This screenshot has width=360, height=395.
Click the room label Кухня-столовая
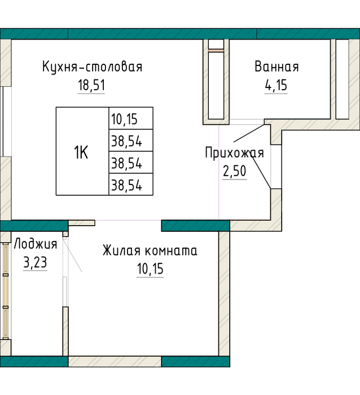pos(92,67)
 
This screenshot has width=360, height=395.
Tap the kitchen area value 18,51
pos(91,85)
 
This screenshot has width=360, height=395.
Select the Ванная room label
pos(276,67)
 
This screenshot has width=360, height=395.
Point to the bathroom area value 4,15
pos(276,85)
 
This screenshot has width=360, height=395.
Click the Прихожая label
pos(235,153)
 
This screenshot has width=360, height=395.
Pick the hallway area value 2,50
pos(234,171)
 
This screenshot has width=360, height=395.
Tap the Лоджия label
pos(36,244)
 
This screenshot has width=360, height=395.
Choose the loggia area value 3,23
pos(36,262)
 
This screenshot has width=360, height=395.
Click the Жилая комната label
pos(150,251)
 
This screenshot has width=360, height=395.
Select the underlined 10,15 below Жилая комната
pos(150,269)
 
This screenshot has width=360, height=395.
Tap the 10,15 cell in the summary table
pos(131,118)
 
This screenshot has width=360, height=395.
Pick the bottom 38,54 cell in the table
pos(131,185)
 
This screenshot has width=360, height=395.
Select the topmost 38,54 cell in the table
pos(131,141)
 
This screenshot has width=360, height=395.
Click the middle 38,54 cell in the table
pos(131,163)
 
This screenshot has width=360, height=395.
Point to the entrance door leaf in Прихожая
pos(261,172)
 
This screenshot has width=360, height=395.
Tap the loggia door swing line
pos(72,254)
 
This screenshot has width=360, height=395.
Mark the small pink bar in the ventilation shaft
pos(216,51)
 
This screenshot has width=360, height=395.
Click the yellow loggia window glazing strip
pos(6,291)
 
